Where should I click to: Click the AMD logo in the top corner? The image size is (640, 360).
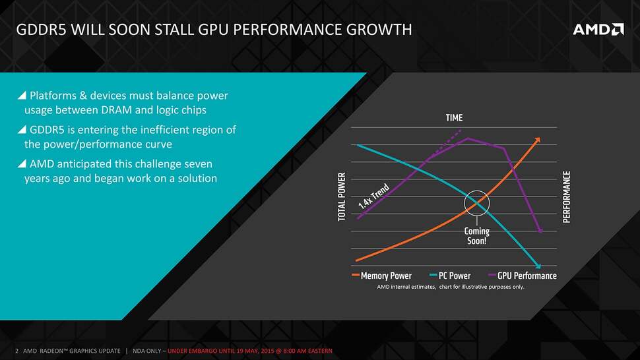click(597, 30)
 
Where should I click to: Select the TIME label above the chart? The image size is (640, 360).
click(454, 118)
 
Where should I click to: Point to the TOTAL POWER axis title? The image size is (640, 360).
click(342, 197)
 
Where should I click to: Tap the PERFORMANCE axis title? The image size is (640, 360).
click(566, 197)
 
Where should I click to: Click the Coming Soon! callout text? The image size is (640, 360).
click(476, 236)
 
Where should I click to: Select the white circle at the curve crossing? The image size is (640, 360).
click(477, 203)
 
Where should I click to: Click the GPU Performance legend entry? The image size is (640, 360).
click(526, 276)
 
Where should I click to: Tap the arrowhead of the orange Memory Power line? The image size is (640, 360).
click(538, 140)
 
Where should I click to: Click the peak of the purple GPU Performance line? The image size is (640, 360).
click(467, 138)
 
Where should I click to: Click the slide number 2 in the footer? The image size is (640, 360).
click(16, 349)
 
